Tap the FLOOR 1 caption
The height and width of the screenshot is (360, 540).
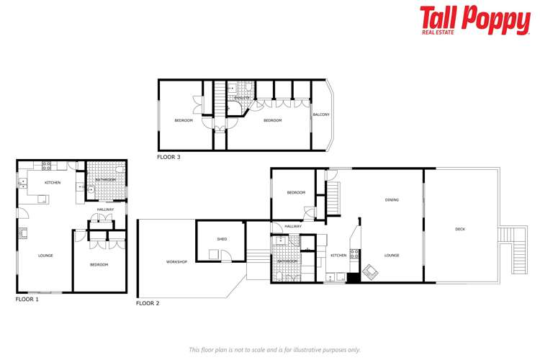27,299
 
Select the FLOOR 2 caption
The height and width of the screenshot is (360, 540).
148,303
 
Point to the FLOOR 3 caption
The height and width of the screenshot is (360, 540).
169,156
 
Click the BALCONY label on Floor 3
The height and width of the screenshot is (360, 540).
320,114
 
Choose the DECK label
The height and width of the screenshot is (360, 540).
460,229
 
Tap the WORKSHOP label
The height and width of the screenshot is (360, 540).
176,261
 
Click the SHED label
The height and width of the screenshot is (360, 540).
222,238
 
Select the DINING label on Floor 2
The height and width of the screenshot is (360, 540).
392,200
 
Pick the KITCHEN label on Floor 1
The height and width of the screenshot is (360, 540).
53,183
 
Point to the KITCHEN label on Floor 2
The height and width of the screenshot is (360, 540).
338,256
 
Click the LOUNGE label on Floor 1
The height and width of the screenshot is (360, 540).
45,256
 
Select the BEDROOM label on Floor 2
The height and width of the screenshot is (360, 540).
296,192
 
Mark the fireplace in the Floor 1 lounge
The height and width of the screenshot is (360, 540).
22,233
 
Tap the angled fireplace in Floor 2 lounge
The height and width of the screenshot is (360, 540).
370,271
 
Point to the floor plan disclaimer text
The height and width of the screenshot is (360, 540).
274,349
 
